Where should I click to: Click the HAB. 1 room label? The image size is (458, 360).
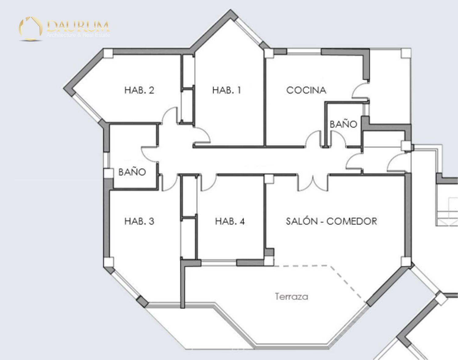click(226, 90)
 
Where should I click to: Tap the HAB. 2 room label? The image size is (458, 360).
click(139, 90)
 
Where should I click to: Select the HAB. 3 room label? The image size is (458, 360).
click(139, 221)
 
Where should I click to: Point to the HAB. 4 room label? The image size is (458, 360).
click(230, 221)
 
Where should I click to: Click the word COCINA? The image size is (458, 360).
click(306, 90)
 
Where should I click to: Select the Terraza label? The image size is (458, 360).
click(292, 297)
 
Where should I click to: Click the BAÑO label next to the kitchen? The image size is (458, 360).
click(343, 124)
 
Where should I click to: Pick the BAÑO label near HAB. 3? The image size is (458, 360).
click(132, 172)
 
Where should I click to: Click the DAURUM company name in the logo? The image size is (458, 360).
click(78, 26)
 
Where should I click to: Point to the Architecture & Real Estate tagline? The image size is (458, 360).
click(78, 35)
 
